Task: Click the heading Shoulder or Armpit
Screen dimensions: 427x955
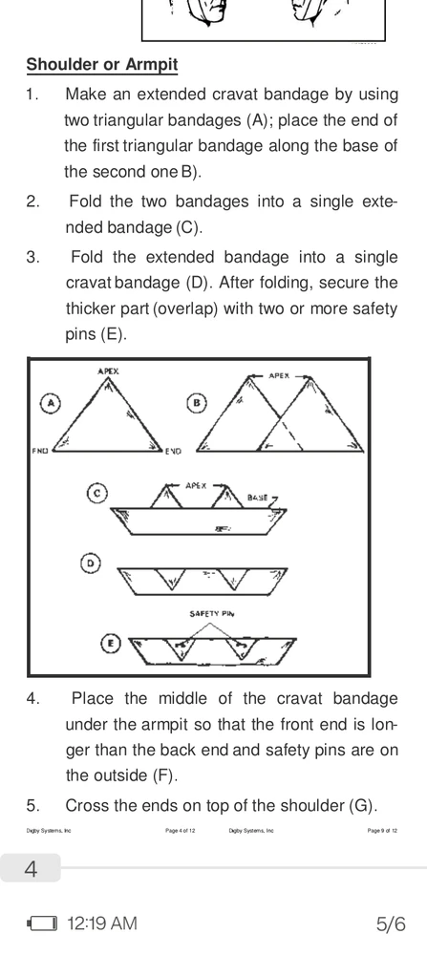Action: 101,65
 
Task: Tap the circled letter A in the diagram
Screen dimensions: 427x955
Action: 52,403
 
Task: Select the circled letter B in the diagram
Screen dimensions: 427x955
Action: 196,403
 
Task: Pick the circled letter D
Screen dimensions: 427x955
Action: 90,563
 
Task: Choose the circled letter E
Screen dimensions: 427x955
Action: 110,643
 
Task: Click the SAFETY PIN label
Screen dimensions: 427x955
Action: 212,614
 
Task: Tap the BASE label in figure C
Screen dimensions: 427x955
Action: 258,498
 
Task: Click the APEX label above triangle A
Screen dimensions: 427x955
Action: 109,371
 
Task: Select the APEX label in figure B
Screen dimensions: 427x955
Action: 279,375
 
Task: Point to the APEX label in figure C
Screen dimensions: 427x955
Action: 196,486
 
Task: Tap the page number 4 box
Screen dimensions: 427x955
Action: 31,868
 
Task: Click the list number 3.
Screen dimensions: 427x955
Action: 32,258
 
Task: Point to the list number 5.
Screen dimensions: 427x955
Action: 32,806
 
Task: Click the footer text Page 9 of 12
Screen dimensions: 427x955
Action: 383,830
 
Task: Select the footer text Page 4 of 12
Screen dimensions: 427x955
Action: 180,830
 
